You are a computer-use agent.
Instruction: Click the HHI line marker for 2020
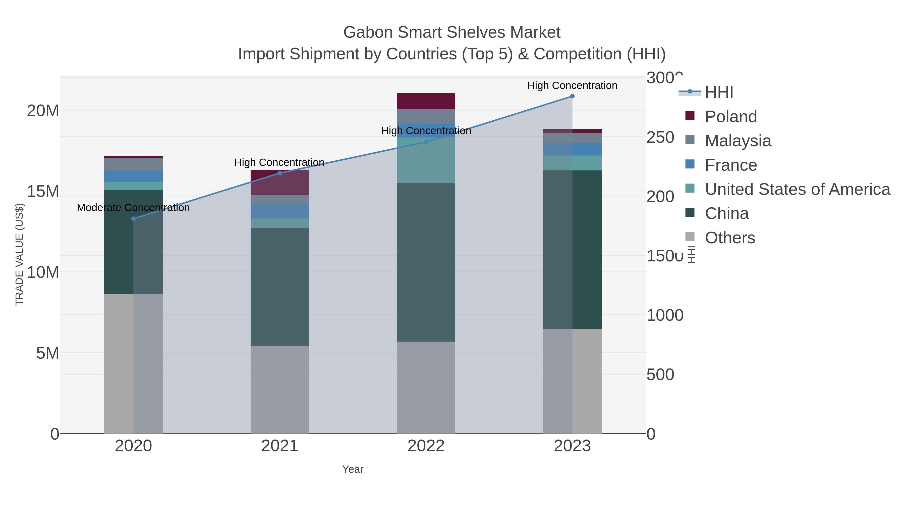point(133,218)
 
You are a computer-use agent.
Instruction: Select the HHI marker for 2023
point(572,96)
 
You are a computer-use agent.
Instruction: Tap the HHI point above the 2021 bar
point(280,173)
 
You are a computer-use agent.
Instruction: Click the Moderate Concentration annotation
point(133,208)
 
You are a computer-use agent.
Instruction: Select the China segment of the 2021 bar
point(280,286)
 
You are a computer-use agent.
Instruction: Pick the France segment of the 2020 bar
point(133,176)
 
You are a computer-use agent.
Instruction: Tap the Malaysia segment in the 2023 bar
point(572,138)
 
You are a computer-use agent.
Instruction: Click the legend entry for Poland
point(731,116)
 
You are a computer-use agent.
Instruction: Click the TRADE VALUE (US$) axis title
point(19,254)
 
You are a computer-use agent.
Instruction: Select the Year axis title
point(353,469)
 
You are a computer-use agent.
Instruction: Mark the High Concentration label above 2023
point(572,85)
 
